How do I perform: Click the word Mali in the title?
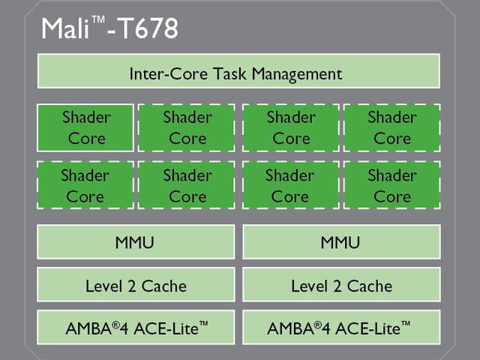pyautogui.click(x=65, y=28)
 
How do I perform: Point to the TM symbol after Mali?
pyautogui.click(x=98, y=19)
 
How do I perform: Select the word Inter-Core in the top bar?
pyautogui.click(x=168, y=73)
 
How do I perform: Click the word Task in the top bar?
pyautogui.click(x=229, y=73)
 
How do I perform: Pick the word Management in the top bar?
pyautogui.click(x=297, y=74)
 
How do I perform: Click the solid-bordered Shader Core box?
pyautogui.click(x=85, y=127)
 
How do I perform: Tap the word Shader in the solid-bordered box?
pyautogui.click(x=86, y=117)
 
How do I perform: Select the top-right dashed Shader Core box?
pyautogui.click(x=392, y=127)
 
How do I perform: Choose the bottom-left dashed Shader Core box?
pyautogui.click(x=85, y=185)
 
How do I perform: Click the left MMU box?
pyautogui.click(x=136, y=241)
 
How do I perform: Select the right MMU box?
pyautogui.click(x=342, y=241)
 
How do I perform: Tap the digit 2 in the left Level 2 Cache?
pyautogui.click(x=132, y=286)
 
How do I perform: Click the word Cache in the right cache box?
pyautogui.click(x=370, y=286)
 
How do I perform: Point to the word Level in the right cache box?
pyautogui.click(x=310, y=286)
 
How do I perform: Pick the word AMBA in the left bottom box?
pyautogui.click(x=88, y=328)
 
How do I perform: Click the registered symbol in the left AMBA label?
pyautogui.click(x=115, y=325)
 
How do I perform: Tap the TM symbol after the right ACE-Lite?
pyautogui.click(x=406, y=324)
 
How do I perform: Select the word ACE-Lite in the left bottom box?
pyautogui.click(x=166, y=328)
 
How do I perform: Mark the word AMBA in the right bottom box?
pyautogui.click(x=290, y=328)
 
